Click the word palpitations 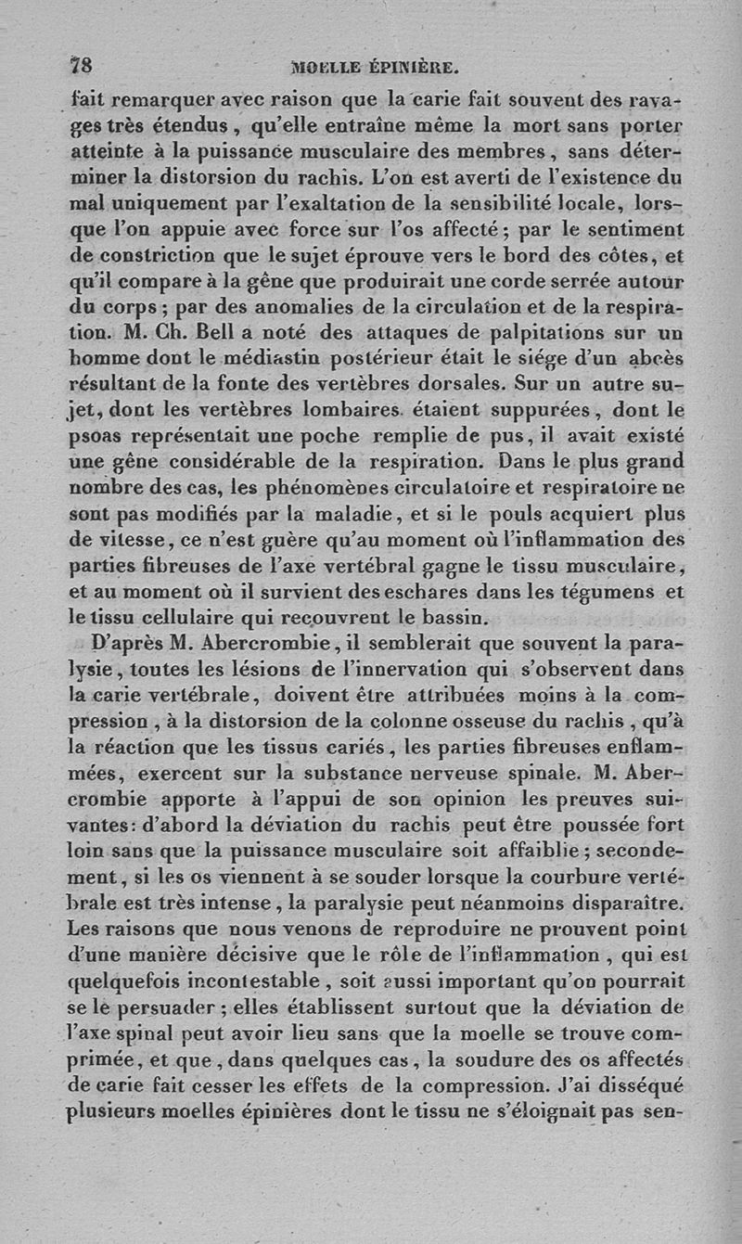(500, 331)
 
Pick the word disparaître (626, 902)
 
